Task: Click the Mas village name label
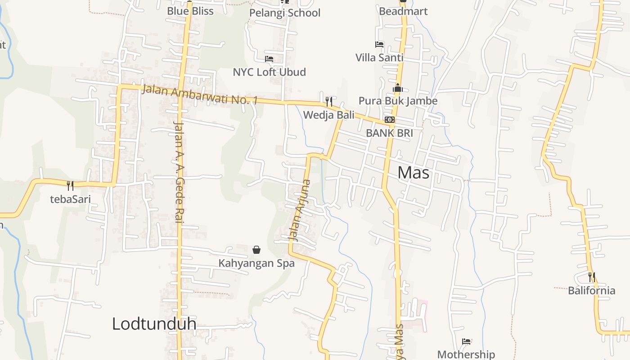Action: click(x=414, y=173)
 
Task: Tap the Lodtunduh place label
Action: click(x=154, y=324)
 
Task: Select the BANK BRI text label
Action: click(x=389, y=133)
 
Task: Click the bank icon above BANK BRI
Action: click(x=390, y=120)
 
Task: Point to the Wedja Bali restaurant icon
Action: click(x=329, y=101)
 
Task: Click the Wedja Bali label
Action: click(x=328, y=115)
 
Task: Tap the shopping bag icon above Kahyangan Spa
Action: click(x=256, y=249)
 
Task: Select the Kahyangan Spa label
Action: click(x=256, y=263)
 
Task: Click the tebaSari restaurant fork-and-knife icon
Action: click(x=70, y=185)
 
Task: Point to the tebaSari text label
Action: click(x=70, y=199)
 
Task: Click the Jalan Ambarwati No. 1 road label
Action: click(x=199, y=95)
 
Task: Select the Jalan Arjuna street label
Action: click(x=299, y=209)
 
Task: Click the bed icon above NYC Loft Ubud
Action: click(x=269, y=59)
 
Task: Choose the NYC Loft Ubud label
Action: click(x=269, y=72)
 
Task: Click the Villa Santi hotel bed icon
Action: click(x=379, y=45)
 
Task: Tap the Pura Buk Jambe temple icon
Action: click(x=397, y=88)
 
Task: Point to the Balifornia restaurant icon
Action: click(x=592, y=277)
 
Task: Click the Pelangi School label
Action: click(x=285, y=13)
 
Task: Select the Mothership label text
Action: click(x=466, y=355)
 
